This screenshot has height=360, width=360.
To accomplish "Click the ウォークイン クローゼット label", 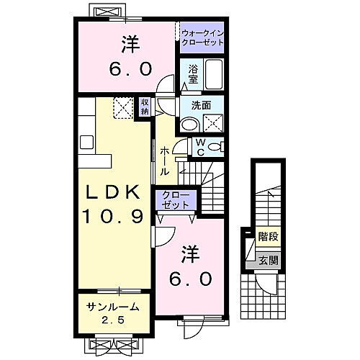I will click(202, 37).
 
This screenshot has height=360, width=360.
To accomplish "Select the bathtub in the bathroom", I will click(214, 74).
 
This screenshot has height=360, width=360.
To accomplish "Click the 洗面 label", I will click(201, 105).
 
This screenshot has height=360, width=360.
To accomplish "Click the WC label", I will click(199, 146).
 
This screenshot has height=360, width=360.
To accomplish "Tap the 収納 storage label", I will click(145, 107).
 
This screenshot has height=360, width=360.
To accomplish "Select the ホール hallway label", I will click(165, 161).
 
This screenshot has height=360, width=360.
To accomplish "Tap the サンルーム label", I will click(111, 307).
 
